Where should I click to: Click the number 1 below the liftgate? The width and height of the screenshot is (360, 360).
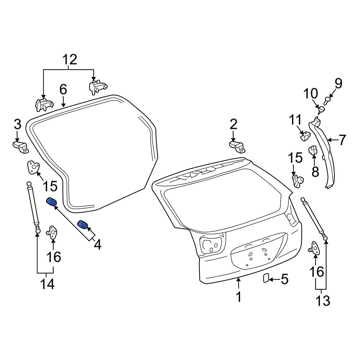coord(238,297)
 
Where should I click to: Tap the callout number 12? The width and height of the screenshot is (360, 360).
coord(70,59)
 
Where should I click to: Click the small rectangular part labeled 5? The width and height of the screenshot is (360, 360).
coord(266,278)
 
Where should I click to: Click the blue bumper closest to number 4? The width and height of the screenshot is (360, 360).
coord(84,225)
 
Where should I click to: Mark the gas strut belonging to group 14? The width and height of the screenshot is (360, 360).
coord(33,205)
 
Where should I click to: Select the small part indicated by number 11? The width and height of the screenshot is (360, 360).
coord(306,136)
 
